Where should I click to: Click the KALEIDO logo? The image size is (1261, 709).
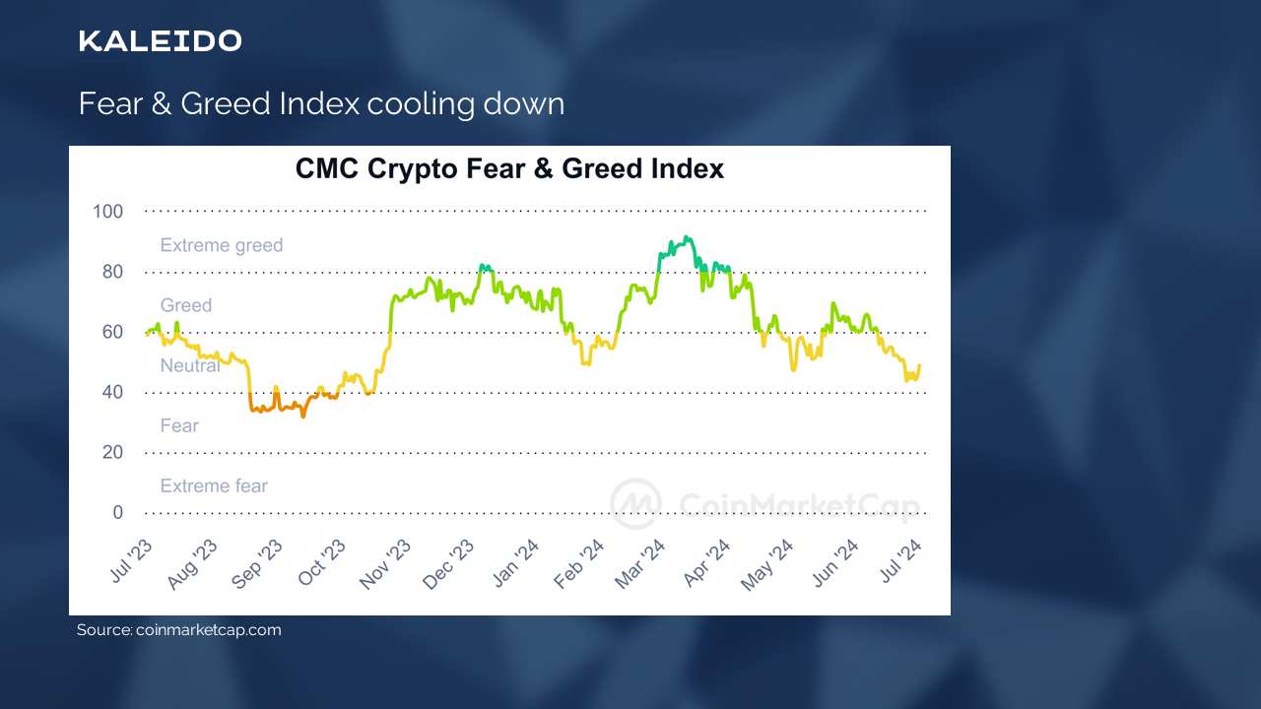pyautogui.click(x=160, y=41)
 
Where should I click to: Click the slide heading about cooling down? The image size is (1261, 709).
pyautogui.click(x=321, y=103)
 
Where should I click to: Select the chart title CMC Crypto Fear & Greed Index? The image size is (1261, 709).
pyautogui.click(x=509, y=169)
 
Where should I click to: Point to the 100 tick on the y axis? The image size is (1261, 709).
pyautogui.click(x=107, y=212)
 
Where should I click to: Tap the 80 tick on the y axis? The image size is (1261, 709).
pyautogui.click(x=112, y=272)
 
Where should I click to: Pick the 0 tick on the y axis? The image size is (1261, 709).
pyautogui.click(x=118, y=513)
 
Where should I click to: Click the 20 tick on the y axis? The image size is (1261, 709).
pyautogui.click(x=112, y=453)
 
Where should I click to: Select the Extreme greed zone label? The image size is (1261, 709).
pyautogui.click(x=222, y=245)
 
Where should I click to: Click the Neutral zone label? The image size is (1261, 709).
pyautogui.click(x=190, y=366)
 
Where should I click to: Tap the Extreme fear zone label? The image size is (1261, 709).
pyautogui.click(x=214, y=486)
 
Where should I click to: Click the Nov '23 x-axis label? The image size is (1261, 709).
pyautogui.click(x=385, y=564)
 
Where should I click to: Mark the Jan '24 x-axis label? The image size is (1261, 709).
pyautogui.click(x=514, y=564)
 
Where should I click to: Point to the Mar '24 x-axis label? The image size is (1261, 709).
pyautogui.click(x=640, y=564)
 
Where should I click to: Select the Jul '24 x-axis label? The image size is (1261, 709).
pyautogui.click(x=900, y=563)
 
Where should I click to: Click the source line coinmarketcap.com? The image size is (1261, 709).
pyautogui.click(x=179, y=630)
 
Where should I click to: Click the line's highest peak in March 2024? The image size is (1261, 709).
pyautogui.click(x=687, y=237)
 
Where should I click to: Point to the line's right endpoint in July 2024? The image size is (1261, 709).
pyautogui.click(x=919, y=366)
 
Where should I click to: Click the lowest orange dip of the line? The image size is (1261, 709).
pyautogui.click(x=303, y=416)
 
